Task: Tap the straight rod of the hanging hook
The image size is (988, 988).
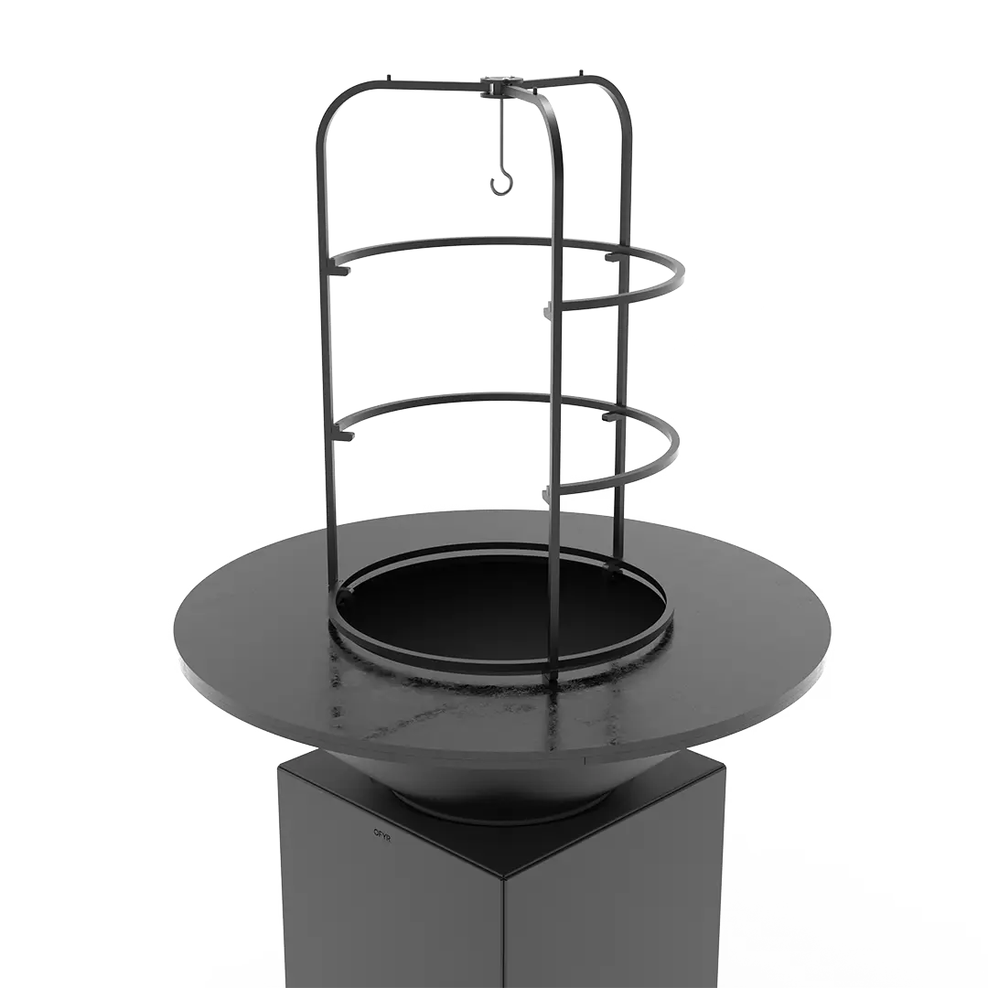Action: (x=502, y=136)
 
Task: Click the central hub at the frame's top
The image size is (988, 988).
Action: (x=499, y=84)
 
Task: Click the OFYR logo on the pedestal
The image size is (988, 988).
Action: (x=381, y=832)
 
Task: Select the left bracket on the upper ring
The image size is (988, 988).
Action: (x=340, y=270)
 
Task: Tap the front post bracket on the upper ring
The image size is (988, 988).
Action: (x=548, y=309)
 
